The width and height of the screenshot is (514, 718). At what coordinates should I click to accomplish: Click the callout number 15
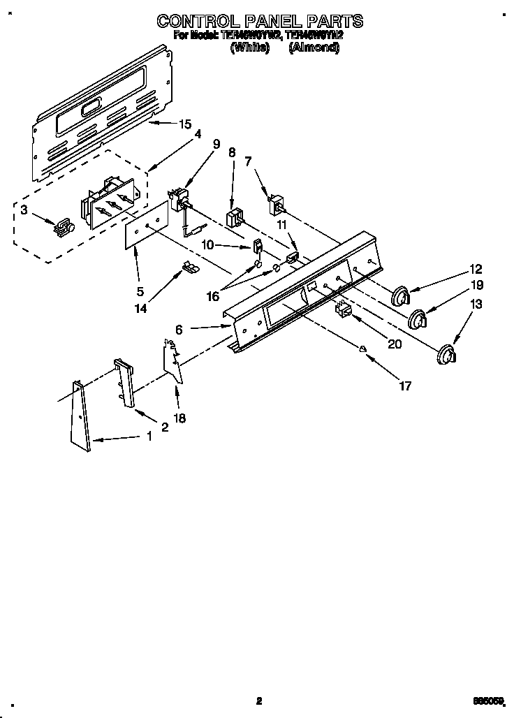coord(184,125)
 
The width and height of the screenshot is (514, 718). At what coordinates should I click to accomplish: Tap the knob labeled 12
coord(400,296)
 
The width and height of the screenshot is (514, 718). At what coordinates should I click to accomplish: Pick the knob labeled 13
coord(445,354)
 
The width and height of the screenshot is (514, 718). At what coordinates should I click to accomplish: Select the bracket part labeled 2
coord(124,382)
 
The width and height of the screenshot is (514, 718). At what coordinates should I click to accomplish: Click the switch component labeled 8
coord(235,218)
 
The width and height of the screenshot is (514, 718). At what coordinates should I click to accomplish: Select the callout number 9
coord(216,144)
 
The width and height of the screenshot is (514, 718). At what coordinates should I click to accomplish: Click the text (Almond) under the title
coord(314,48)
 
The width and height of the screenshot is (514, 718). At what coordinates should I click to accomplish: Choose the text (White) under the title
coord(249,48)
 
